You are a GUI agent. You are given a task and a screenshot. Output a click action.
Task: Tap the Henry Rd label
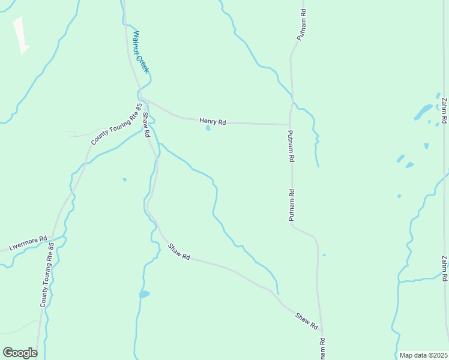[x=212, y=122]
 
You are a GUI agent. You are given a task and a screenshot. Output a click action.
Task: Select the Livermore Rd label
[x=28, y=244]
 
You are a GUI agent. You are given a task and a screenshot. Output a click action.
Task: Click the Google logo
[x=20, y=353]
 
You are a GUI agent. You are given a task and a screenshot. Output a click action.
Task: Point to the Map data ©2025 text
[x=423, y=355]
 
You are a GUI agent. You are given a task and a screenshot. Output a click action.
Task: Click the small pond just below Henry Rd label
[x=208, y=128]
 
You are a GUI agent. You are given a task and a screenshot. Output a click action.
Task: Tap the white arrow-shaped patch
[x=21, y=35]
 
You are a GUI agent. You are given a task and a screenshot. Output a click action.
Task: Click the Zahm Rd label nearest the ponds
[x=444, y=110]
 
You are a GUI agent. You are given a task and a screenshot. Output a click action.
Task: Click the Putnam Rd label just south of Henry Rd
[x=291, y=147]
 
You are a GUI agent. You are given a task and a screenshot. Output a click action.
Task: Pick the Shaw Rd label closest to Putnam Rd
[x=306, y=320]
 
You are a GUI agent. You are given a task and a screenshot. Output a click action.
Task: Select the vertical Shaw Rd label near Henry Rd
[x=145, y=124]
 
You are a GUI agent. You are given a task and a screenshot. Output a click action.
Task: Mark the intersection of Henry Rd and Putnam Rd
[x=290, y=125]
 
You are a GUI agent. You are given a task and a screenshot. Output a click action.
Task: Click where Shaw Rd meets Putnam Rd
[x=321, y=331]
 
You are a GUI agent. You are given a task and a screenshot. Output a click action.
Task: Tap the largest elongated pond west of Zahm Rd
[x=423, y=112]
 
